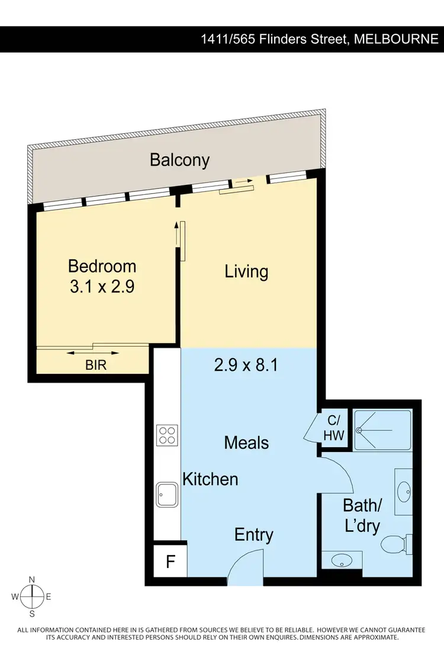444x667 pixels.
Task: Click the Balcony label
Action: (179, 160)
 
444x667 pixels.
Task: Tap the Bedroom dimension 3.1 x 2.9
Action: (102, 287)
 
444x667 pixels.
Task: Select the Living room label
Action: (246, 272)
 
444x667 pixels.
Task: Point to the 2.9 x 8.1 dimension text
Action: (246, 365)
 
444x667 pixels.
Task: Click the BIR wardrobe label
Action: (96, 365)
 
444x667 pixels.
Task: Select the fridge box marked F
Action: (170, 561)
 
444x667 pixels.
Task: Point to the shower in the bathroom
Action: (381, 430)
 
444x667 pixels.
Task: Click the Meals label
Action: (246, 442)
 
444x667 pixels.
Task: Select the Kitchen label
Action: (210, 479)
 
